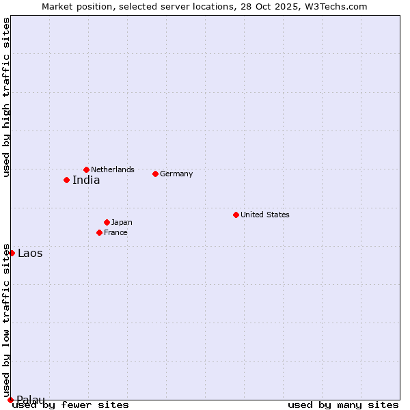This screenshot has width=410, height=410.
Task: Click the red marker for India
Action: pyautogui.click(x=66, y=180)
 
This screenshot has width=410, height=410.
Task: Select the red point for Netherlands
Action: pyautogui.click(x=86, y=169)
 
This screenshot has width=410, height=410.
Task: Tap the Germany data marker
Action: pyautogui.click(x=155, y=174)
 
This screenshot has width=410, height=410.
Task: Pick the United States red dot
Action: pyautogui.click(x=236, y=215)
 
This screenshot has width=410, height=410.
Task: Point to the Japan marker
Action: pyautogui.click(x=107, y=222)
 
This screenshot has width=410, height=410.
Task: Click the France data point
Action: pyautogui.click(x=99, y=232)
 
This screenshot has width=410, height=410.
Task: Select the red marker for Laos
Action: pyautogui.click(x=12, y=253)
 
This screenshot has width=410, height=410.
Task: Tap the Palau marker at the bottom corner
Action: pyautogui.click(x=10, y=400)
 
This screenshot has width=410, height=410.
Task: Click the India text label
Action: pyautogui.click(x=86, y=180)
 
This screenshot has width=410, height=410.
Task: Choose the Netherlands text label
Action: pyautogui.click(x=113, y=169)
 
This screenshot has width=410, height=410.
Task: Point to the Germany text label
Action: pyautogui.click(x=176, y=174)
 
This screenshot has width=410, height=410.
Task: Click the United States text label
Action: pyautogui.click(x=264, y=215)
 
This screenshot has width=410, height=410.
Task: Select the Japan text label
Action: pyautogui.click(x=122, y=222)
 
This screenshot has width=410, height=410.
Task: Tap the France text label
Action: pyautogui.click(x=115, y=232)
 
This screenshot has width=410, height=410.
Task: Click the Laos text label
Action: pyautogui.click(x=30, y=254)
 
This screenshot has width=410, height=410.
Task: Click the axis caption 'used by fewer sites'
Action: pyautogui.click(x=71, y=405)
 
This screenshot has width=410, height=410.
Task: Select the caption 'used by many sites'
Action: pyautogui.click(x=343, y=405)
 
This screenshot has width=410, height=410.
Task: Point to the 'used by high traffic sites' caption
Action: pyautogui.click(x=6, y=97)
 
